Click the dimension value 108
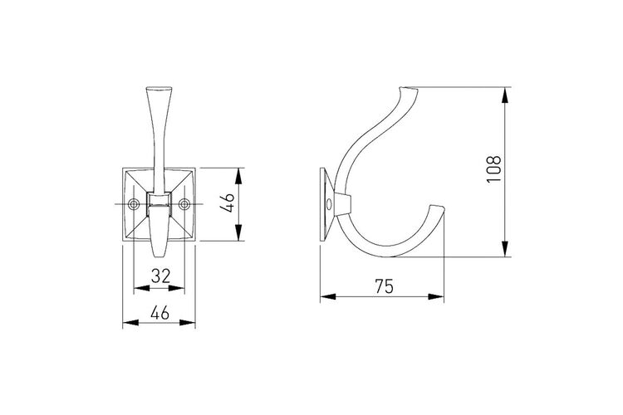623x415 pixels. click(494, 168)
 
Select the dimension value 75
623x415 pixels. click(384, 286)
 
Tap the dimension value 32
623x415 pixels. click(160, 276)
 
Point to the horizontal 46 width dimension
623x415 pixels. click(160, 314)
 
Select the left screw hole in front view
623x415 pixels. click(135, 204)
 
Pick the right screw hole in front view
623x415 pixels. click(184, 204)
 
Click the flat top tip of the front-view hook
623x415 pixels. click(159, 88)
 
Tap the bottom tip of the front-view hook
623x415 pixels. click(159, 256)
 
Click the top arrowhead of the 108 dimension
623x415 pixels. click(504, 95)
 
